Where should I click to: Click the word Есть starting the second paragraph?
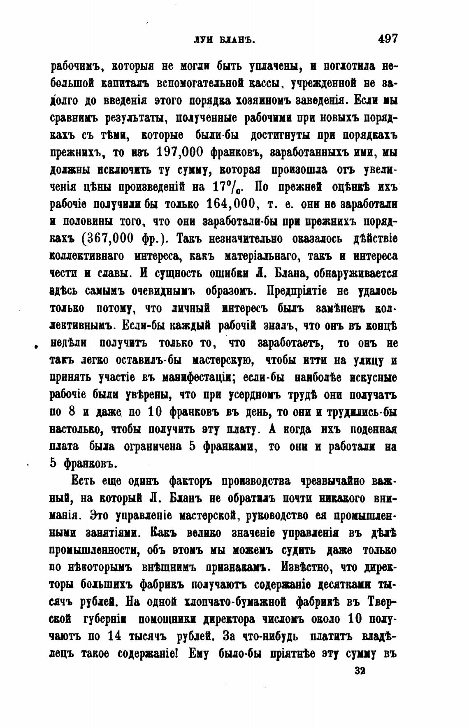85,481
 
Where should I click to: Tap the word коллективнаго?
86,256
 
